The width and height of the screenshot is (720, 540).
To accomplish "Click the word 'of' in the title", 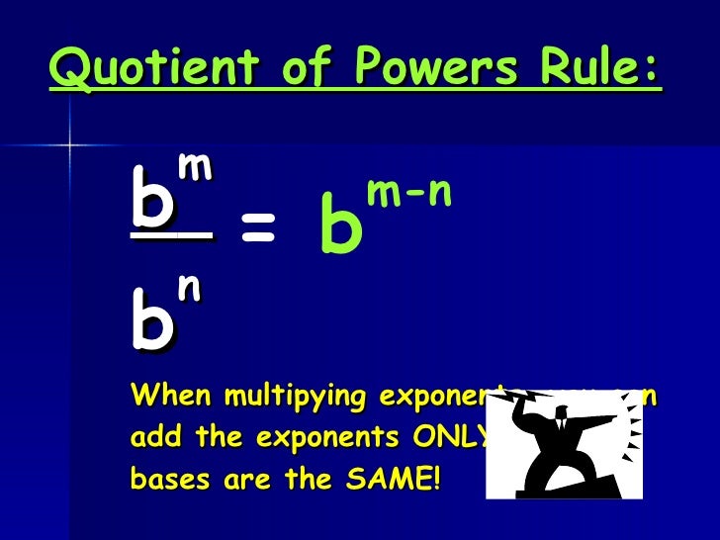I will pos(284,68).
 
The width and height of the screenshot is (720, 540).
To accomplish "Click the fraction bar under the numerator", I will pos(171,235).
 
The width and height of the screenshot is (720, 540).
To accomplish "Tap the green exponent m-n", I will pos(408,193).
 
